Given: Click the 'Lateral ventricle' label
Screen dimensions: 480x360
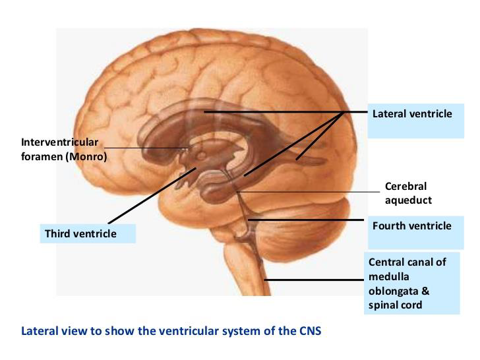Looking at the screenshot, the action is pyautogui.click(x=412, y=114).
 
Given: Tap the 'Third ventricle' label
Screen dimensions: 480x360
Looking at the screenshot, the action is pyautogui.click(x=80, y=234).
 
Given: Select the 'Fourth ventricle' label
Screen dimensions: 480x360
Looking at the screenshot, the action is pyautogui.click(x=411, y=226).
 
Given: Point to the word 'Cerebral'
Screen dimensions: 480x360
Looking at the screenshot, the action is pyautogui.click(x=405, y=186).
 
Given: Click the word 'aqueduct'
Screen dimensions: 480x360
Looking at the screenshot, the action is pyautogui.click(x=408, y=200).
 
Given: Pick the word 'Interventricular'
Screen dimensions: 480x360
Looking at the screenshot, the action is pyautogui.click(x=60, y=142).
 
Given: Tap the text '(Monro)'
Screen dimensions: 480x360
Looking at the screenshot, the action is pyautogui.click(x=88, y=157).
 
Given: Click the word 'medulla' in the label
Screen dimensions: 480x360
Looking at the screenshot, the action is pyautogui.click(x=389, y=277).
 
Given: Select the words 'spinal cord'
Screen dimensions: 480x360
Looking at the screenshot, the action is pyautogui.click(x=395, y=305).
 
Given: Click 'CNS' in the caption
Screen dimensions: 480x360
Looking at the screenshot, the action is pyautogui.click(x=309, y=331).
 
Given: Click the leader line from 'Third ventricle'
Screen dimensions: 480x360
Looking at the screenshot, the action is pyautogui.click(x=152, y=195).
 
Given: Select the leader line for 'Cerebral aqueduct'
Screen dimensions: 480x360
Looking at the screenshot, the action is pyautogui.click(x=308, y=192).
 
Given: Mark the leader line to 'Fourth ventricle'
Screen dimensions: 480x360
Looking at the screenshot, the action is pyautogui.click(x=306, y=220).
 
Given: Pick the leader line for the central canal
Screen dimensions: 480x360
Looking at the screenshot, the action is pyautogui.click(x=314, y=280).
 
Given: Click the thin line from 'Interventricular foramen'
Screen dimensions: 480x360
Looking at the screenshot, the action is pyautogui.click(x=146, y=148).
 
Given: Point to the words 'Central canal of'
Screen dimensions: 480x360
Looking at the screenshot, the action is pyautogui.click(x=407, y=262).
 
